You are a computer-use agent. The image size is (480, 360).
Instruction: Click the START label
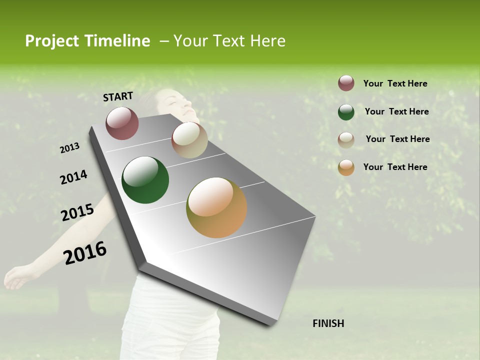[x=118, y=96]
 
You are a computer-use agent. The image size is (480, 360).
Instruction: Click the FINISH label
[x=328, y=323]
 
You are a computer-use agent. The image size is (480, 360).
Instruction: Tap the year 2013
[x=69, y=148]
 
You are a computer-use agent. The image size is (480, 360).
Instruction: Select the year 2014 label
[x=73, y=177]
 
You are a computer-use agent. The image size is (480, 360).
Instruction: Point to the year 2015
[x=77, y=212]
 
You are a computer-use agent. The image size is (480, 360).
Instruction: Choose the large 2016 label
[x=85, y=253]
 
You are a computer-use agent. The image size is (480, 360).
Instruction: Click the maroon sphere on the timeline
[x=122, y=123]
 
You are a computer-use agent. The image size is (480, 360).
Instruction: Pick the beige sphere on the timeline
[x=189, y=140]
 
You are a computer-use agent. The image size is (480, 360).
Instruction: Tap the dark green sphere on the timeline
[x=145, y=180]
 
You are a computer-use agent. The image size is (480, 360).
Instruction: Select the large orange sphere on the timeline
[x=216, y=207]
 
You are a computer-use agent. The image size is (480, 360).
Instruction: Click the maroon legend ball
[x=346, y=83]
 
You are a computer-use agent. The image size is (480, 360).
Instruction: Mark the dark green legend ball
[x=346, y=112]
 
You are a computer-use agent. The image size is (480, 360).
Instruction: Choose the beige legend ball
[x=346, y=140]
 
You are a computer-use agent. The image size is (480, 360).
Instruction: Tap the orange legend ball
[x=346, y=167]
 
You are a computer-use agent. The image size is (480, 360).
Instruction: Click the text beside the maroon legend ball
[x=395, y=83]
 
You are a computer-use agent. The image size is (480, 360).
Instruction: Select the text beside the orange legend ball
[x=395, y=167]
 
